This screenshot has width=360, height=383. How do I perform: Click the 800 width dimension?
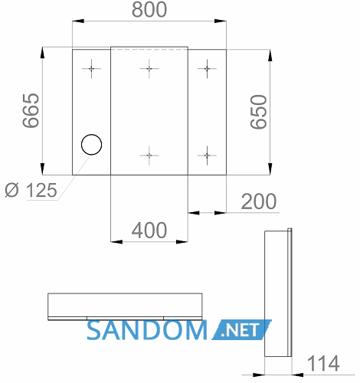click(149, 10)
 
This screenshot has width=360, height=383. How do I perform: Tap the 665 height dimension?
click(31, 110)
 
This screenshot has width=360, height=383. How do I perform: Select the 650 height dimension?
click(259, 112)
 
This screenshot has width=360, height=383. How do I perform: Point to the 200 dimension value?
click(259, 201)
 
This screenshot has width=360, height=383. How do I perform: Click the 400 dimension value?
click(149, 231)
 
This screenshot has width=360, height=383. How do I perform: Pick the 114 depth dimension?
click(323, 363)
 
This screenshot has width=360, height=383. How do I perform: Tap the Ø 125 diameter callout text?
click(31, 190)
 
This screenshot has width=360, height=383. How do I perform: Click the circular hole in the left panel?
click(91, 145)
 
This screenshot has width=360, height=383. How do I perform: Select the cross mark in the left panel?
click(91, 69)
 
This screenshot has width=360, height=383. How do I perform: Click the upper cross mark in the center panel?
click(149, 69)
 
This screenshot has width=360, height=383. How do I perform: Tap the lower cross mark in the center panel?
click(149, 155)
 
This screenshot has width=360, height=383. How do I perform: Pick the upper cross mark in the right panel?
click(207, 69)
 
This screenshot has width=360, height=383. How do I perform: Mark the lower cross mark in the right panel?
click(207, 155)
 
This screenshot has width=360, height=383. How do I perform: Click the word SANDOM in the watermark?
click(147, 330)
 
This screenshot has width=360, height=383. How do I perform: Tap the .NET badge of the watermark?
click(241, 329)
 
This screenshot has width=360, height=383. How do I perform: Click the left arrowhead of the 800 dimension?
click(78, 21)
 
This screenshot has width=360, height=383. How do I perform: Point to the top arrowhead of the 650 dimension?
click(270, 55)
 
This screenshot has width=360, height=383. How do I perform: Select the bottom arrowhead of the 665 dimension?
click(42, 169)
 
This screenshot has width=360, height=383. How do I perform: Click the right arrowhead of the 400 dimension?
click(182, 241)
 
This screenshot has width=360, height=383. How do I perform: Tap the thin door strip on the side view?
click(290, 293)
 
